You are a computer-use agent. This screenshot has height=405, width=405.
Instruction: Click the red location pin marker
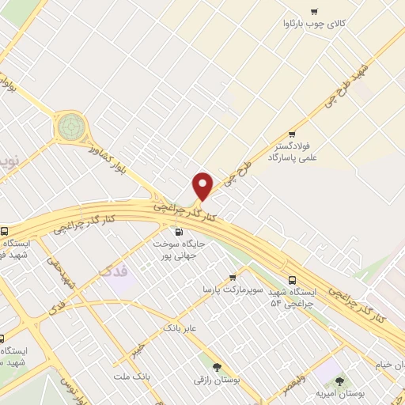tap(203, 187)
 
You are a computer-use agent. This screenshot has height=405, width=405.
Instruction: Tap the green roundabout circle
tap(70, 125)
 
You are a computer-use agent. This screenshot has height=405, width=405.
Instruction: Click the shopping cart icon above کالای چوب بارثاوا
tap(314, 12)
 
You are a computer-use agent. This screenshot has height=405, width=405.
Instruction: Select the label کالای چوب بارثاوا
tap(315, 25)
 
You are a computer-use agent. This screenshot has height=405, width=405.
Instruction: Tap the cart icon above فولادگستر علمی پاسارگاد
tap(292, 134)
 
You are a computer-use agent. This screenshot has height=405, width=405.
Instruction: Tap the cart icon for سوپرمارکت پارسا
tap(233, 277)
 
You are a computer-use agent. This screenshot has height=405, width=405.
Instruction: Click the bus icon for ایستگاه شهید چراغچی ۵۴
tap(293, 279)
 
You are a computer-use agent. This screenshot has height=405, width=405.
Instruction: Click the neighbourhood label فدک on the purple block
tap(113, 273)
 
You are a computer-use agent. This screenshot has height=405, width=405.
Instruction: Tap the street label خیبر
tap(139, 349)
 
